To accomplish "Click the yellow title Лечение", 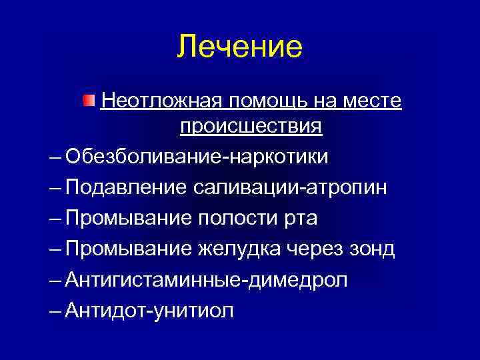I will coord(240,47).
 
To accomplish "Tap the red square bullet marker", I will coord(89,101).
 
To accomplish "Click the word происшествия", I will coord(251,127).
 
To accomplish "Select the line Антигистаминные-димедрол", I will coord(207,280).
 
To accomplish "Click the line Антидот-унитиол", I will coord(150,311).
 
